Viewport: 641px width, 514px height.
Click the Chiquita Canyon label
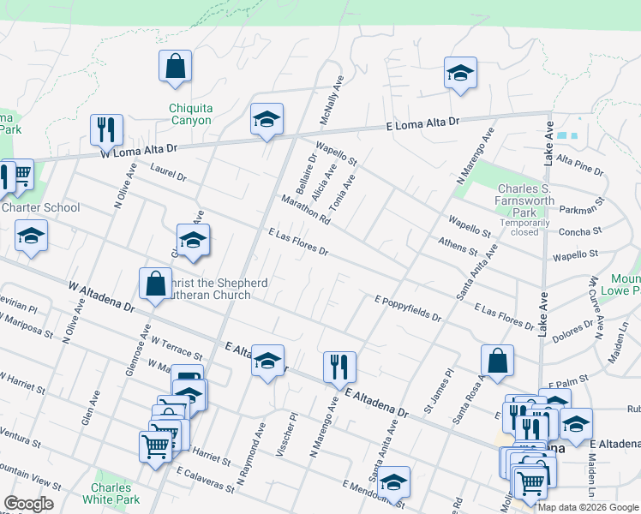190,115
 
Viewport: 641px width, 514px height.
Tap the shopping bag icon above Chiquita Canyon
175,66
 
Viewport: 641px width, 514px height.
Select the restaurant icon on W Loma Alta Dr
106,129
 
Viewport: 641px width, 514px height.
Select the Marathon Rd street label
305,210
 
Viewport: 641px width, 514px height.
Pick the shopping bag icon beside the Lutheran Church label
155,284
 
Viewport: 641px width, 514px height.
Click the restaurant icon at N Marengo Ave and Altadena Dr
339,367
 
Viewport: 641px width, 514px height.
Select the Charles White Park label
115,493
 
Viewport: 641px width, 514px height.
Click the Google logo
28,504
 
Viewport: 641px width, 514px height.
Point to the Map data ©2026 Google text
588,507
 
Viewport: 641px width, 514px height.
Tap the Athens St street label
457,247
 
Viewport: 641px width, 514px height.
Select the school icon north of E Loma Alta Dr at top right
460,74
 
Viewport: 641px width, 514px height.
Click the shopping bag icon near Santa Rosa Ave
497,361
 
